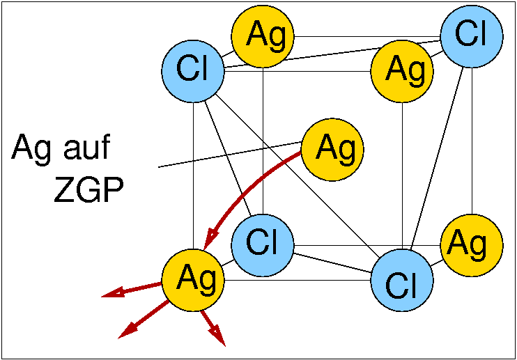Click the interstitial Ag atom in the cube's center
click(x=332, y=148)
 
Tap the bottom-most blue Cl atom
click(x=401, y=281)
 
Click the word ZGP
click(x=88, y=190)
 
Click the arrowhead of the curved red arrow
click(x=207, y=240)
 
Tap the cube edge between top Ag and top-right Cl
click(x=369, y=36)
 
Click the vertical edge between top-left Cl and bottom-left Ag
click(x=193, y=174)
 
